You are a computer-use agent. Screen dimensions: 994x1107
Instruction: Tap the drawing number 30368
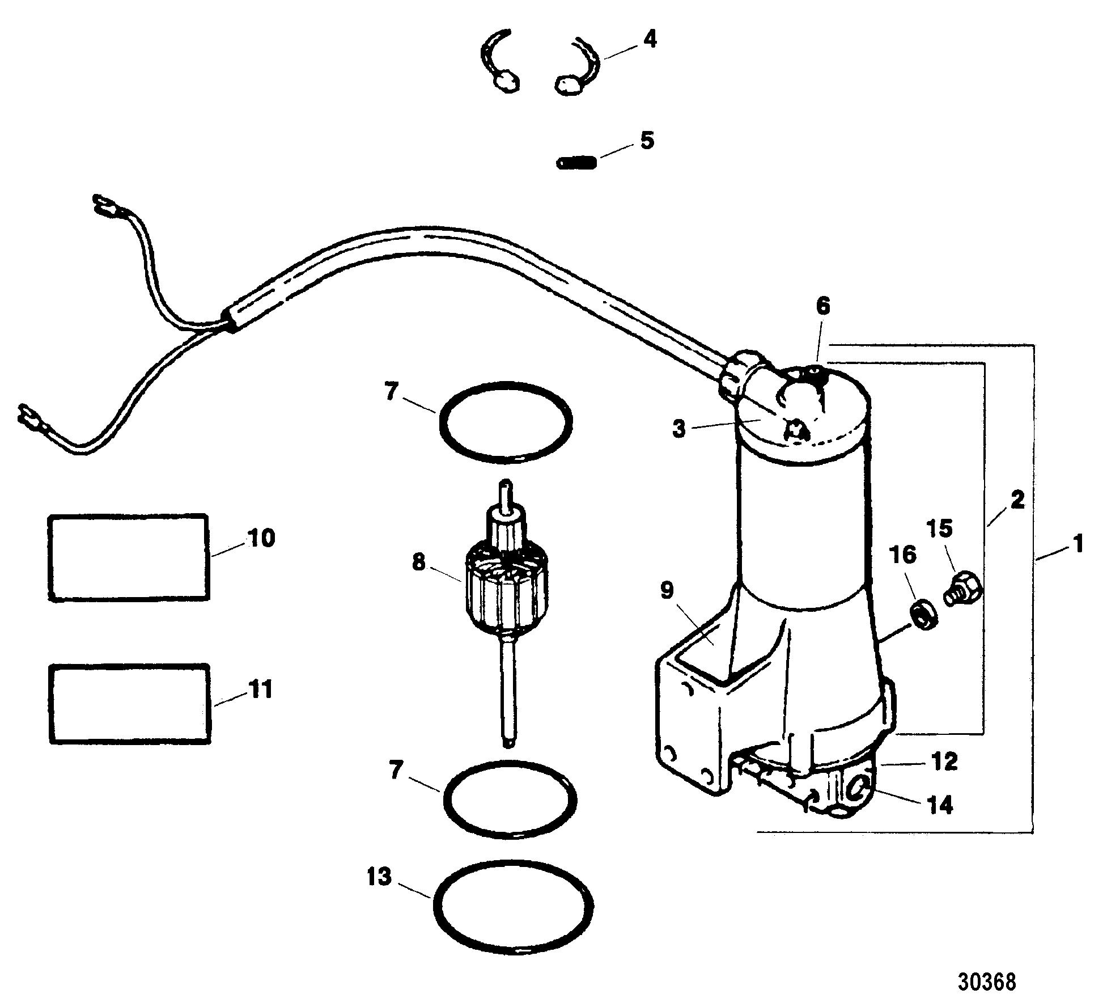(x=987, y=965)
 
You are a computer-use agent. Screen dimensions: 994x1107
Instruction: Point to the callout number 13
(x=379, y=877)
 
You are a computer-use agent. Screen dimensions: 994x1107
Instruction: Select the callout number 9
(x=667, y=591)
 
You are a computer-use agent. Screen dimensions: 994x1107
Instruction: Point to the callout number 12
(x=944, y=762)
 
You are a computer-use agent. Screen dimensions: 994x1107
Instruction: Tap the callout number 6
(x=822, y=307)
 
